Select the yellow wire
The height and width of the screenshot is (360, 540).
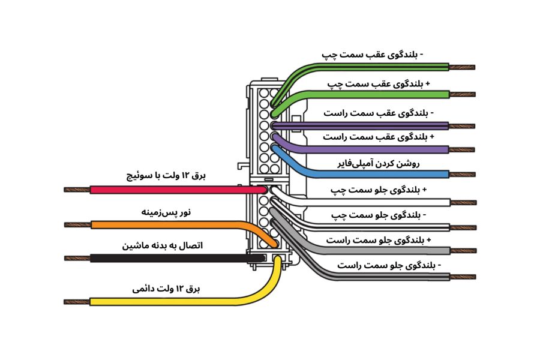click(x=180, y=300)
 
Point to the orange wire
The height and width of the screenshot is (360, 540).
click(x=168, y=225)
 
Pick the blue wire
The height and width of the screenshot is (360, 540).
click(x=372, y=174)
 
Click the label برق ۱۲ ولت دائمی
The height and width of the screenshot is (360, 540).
click(x=166, y=289)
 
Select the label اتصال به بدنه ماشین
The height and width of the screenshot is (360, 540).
click(x=163, y=246)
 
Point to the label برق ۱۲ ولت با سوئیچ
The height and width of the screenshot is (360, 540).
click(x=166, y=176)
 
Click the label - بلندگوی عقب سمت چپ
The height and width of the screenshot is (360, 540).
click(x=373, y=55)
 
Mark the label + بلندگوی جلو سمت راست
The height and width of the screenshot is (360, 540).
click(x=378, y=240)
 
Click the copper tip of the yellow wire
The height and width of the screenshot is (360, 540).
click(x=77, y=301)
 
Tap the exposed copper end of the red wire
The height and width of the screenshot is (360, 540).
click(x=77, y=190)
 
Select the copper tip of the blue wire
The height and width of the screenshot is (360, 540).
click(x=463, y=174)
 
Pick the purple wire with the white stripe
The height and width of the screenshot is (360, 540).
click(x=372, y=125)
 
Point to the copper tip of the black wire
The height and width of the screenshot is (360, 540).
click(x=77, y=259)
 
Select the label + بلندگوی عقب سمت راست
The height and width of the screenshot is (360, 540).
click(x=378, y=137)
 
